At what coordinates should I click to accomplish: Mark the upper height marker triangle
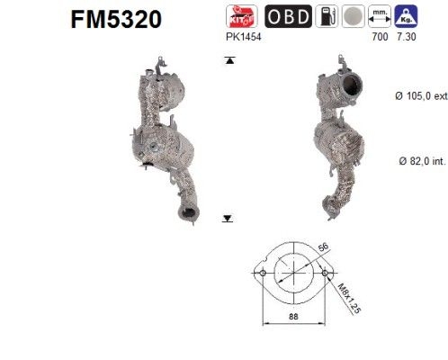pyautogui.click(x=228, y=60)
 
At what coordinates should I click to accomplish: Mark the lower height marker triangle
pyautogui.click(x=228, y=217)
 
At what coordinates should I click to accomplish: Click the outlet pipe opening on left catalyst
pyautogui.click(x=188, y=212)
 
